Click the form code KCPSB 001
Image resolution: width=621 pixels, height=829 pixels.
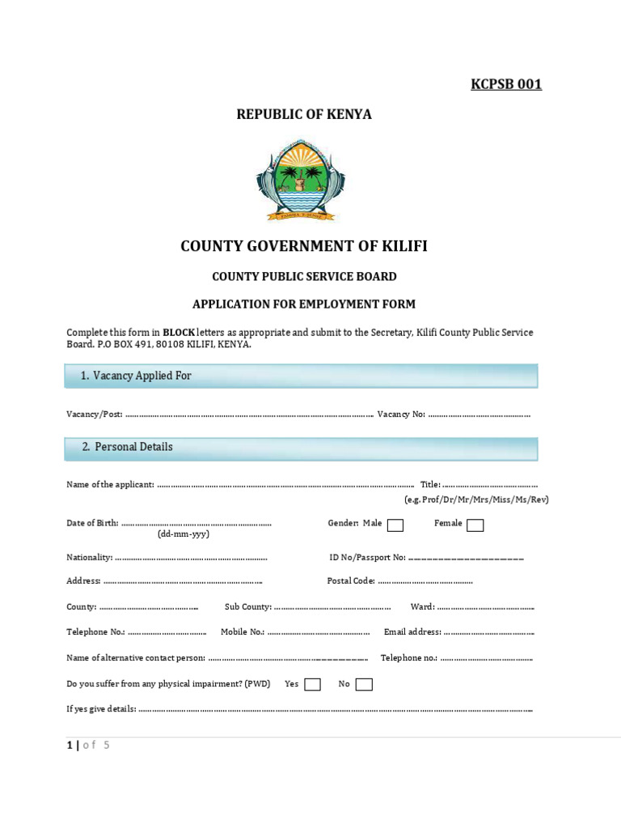(506, 84)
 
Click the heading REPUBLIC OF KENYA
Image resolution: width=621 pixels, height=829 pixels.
(304, 114)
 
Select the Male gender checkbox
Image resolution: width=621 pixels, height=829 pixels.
(395, 525)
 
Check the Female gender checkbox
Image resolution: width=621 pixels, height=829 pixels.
(475, 525)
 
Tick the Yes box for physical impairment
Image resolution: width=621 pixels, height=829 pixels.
(312, 685)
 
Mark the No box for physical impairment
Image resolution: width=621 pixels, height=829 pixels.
(364, 685)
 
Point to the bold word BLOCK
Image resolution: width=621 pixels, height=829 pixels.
(180, 333)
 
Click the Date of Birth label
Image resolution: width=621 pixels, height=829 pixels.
(92, 523)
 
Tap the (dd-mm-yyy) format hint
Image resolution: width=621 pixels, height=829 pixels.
(184, 534)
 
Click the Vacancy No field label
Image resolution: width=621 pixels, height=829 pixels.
(401, 414)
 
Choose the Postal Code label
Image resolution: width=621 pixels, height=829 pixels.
(351, 580)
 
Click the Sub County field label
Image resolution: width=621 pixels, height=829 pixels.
(247, 606)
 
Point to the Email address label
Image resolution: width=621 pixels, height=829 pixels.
(412, 631)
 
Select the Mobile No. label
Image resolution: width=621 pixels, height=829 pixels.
(243, 631)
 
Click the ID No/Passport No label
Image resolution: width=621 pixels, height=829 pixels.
(367, 557)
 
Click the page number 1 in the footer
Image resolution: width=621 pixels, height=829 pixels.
(70, 746)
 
